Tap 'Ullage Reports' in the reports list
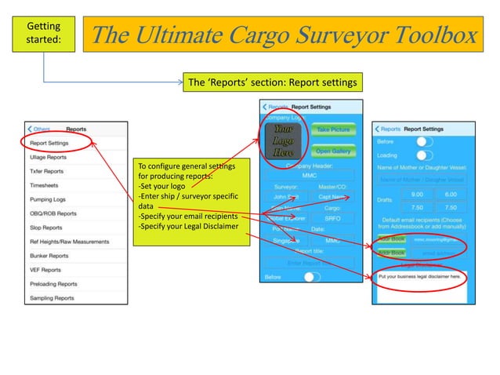[x=49, y=157]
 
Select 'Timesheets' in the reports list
[x=45, y=184]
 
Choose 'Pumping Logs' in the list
[x=49, y=198]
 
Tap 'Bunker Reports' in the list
[x=49, y=255]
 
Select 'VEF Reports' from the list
[x=45, y=269]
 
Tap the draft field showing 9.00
[x=417, y=194]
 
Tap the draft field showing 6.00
[x=451, y=194]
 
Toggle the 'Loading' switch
[x=424, y=155]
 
